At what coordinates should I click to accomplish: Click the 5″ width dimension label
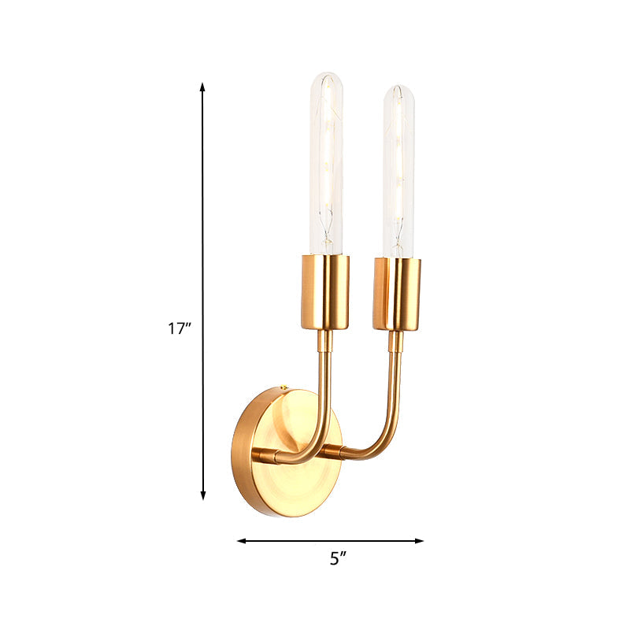coord(338,559)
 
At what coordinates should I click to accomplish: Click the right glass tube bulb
coord(398,169)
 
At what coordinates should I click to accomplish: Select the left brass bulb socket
coord(324,291)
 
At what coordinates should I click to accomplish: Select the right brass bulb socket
coord(397,294)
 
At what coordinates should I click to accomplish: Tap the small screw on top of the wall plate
coord(284,387)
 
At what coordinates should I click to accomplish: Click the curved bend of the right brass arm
coord(384,441)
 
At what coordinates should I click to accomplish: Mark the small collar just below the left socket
coord(324,340)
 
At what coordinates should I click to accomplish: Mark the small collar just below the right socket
coord(396,341)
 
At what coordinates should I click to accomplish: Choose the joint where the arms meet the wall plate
coord(262,454)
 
